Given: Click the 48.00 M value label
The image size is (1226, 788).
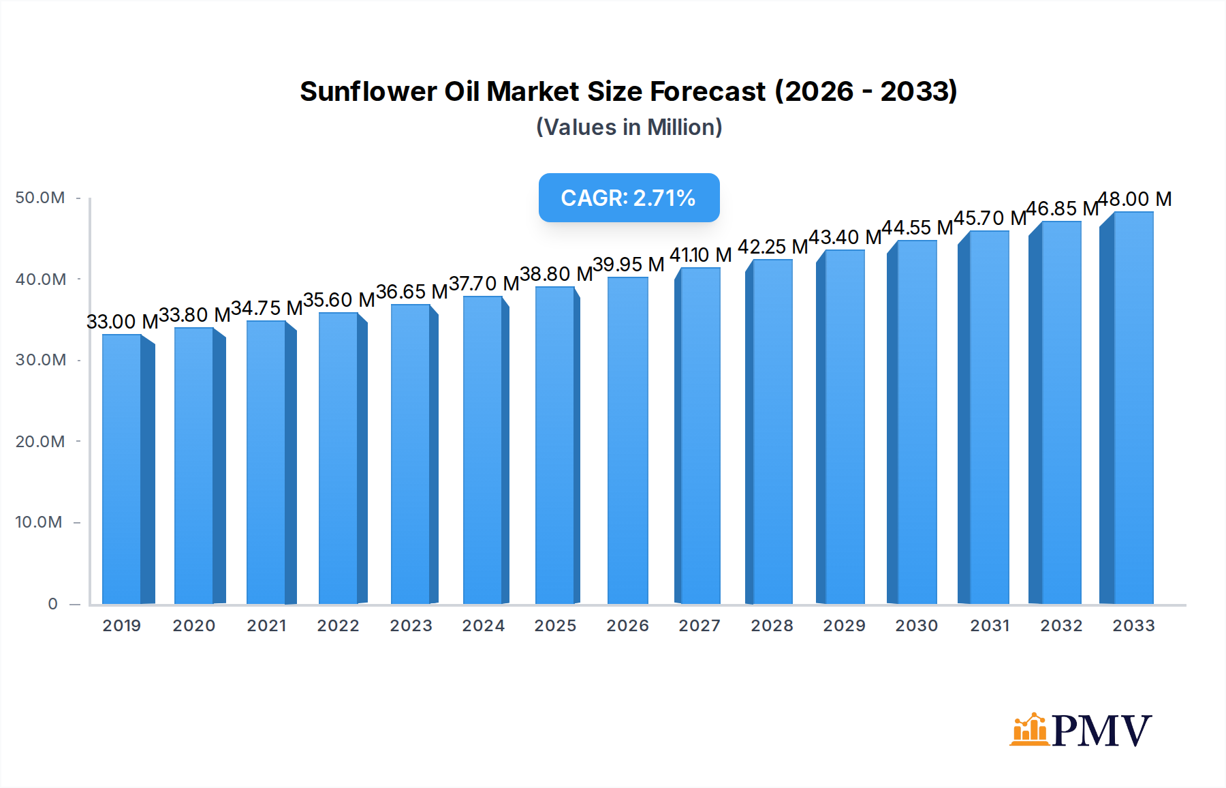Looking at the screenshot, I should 1135,199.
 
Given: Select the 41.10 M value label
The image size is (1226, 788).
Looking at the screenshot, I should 700,255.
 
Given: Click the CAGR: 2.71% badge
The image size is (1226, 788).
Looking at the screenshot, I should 629,198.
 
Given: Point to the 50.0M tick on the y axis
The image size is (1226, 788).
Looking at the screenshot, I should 40,198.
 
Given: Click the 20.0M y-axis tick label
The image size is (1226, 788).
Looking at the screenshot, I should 40,442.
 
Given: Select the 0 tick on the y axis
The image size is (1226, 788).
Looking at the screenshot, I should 53,604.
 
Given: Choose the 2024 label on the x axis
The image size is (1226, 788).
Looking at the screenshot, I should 484,626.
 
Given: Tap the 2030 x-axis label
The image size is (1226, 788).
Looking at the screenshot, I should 917,626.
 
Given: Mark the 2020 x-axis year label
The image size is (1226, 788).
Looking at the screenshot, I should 194,626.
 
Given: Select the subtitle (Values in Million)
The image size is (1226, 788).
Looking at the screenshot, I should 629,127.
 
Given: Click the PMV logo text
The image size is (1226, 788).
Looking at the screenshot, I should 1102,730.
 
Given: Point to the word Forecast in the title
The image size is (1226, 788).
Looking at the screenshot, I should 708,91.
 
